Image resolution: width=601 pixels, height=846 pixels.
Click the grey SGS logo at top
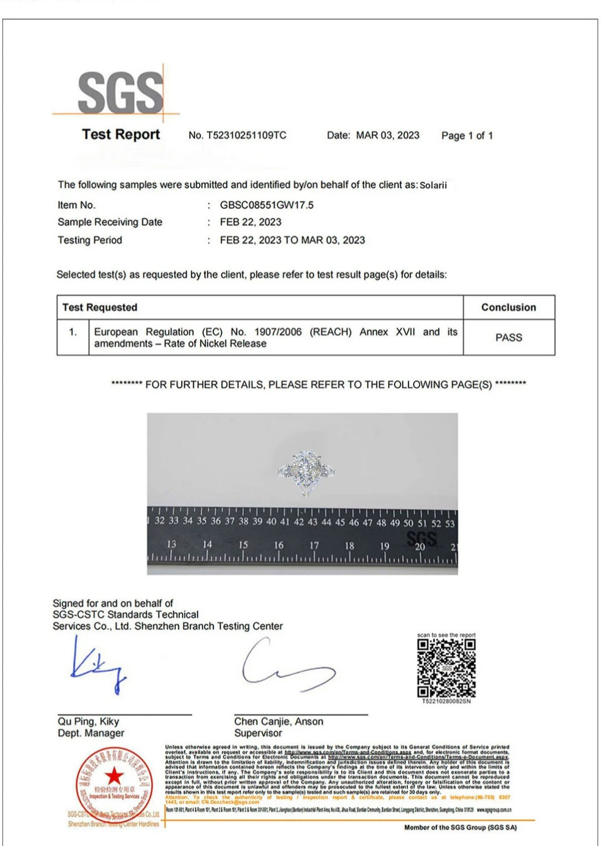[x=120, y=93]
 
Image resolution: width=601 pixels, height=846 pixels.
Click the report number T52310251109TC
[x=246, y=135]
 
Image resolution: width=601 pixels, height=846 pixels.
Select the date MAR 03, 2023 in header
[x=388, y=135]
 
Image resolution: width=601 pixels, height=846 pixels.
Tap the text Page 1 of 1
[x=467, y=136]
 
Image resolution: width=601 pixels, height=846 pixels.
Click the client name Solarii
[x=433, y=185]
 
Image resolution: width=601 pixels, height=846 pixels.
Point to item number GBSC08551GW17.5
[x=267, y=205]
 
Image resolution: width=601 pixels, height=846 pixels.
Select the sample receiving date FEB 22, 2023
[x=251, y=222]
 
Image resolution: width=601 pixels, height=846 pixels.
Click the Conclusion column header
[x=508, y=307]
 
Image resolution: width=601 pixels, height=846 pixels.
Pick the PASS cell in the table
[x=508, y=337]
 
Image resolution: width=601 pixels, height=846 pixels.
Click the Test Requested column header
[x=100, y=307]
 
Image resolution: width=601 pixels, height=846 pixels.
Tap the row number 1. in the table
[x=73, y=332]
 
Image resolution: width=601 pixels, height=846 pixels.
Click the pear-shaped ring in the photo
[x=305, y=473]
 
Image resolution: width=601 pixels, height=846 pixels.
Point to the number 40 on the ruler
[x=271, y=521]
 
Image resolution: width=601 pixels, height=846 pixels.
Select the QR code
[x=446, y=668]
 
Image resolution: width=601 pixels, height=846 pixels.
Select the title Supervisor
[x=258, y=733]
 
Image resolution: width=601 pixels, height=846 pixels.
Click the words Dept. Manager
[x=91, y=733]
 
